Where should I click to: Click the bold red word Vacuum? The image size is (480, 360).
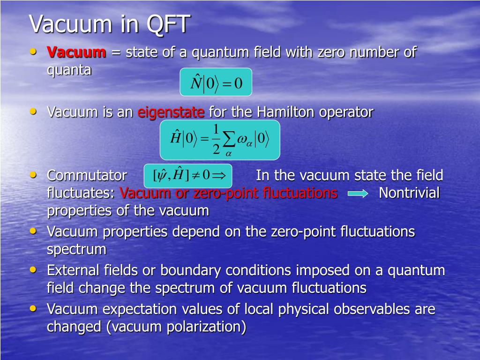click(x=76, y=52)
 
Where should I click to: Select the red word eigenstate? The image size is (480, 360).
click(x=171, y=112)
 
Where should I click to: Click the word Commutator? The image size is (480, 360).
click(x=87, y=176)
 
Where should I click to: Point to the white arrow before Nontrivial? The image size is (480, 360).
click(x=358, y=194)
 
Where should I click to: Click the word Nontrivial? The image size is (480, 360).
click(x=409, y=193)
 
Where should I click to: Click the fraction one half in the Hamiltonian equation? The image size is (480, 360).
click(x=216, y=139)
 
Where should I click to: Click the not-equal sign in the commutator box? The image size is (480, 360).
click(x=195, y=175)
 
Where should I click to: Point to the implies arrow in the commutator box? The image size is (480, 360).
click(x=219, y=175)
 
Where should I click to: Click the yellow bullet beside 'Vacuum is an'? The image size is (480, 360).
click(x=33, y=112)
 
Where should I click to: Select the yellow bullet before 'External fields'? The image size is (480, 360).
click(x=33, y=270)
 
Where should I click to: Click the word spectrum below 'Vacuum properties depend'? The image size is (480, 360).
click(x=76, y=250)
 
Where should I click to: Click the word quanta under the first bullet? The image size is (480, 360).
click(x=69, y=70)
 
